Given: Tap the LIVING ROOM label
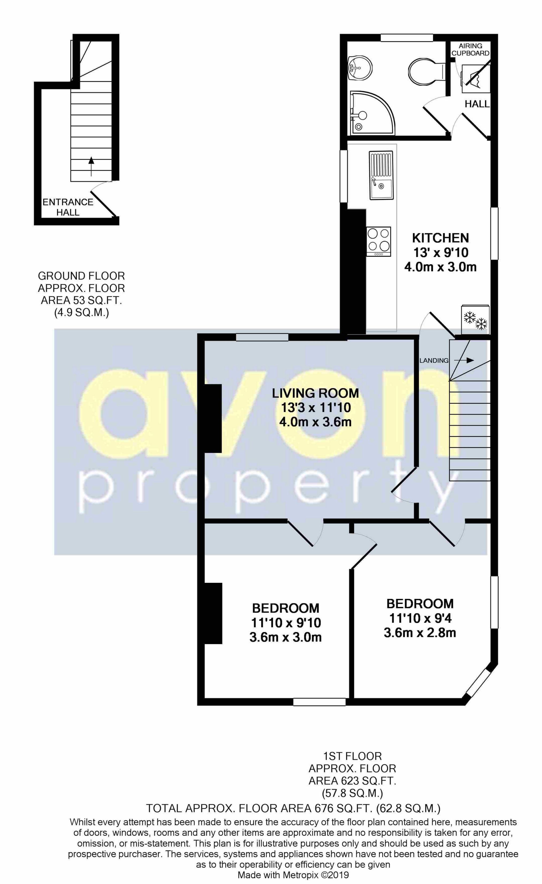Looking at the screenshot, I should point(315,393).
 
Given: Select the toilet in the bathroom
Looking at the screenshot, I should point(425,71).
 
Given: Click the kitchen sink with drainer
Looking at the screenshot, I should point(381,175).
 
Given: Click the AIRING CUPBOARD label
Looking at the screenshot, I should point(470,50).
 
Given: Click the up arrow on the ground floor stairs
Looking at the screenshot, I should point(91,166).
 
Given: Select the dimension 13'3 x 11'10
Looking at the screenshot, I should point(315,408).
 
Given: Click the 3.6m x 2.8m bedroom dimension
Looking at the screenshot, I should point(420,633).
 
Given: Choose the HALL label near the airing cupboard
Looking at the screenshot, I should point(477,104).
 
